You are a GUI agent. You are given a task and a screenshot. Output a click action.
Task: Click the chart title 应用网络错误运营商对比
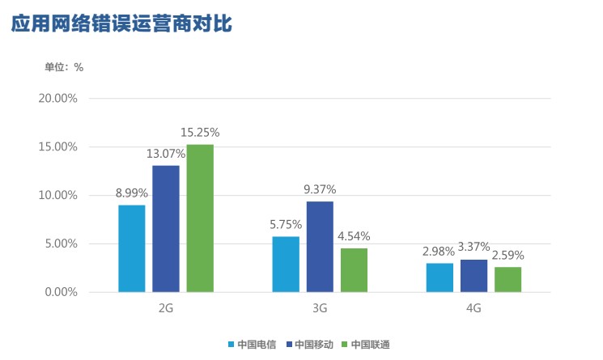coord(121,24)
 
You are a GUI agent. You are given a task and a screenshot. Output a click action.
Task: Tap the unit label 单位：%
coord(64,67)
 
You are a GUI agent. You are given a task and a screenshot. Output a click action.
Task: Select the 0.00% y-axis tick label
coord(59,292)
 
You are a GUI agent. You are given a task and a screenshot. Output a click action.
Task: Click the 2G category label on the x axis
coord(166,309)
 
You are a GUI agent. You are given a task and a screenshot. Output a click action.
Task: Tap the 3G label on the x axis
coord(320,309)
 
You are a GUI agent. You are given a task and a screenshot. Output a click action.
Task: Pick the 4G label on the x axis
coord(474,309)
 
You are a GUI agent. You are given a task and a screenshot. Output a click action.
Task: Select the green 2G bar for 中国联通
coord(200,218)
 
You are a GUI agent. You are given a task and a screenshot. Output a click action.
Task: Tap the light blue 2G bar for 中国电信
coord(132,248)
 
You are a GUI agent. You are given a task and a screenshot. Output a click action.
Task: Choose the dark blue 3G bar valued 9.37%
coord(320,247)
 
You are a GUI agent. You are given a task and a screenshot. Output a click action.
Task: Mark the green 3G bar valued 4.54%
coord(354,270)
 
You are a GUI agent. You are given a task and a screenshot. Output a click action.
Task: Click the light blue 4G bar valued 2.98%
coord(440,277)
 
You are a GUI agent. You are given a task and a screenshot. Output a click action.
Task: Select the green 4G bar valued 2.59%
coord(507,279)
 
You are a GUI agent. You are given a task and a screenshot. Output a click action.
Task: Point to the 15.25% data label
coord(200,133)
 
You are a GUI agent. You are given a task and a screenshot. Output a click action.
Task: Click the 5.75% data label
coord(286,225)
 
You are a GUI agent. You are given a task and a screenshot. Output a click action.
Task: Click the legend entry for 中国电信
coord(253,345)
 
